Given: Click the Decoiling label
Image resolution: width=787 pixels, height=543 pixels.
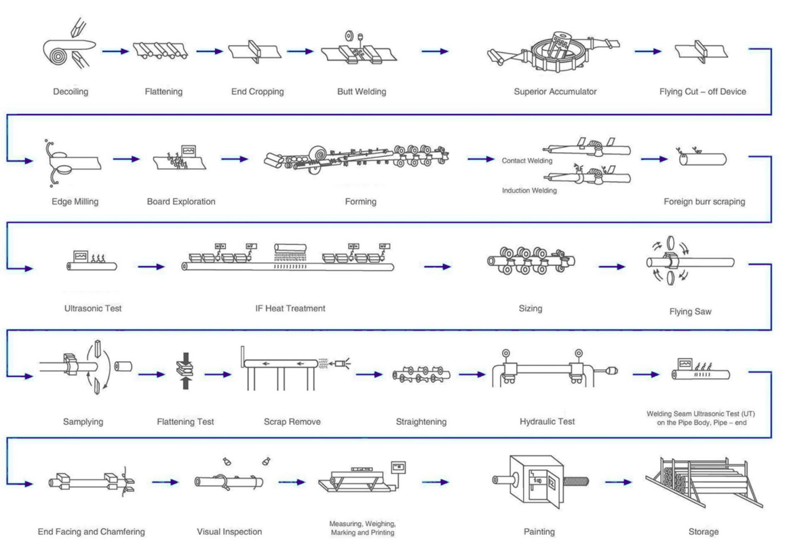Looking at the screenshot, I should tap(71, 92).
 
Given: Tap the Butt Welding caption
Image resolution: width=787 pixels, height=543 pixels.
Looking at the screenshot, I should tap(361, 92).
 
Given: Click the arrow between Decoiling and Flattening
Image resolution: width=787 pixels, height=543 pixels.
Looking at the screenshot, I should tap(115, 51).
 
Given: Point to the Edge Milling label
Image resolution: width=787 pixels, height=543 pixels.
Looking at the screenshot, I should tap(75, 202).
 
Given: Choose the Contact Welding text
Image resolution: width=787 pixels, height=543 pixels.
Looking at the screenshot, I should tap(527, 161).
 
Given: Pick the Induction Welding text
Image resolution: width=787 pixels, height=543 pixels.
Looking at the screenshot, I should tap(529, 191).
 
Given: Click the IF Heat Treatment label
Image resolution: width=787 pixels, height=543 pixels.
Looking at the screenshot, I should tap(290, 308).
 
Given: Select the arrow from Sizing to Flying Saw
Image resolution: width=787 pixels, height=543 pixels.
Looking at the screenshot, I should tap(612, 267).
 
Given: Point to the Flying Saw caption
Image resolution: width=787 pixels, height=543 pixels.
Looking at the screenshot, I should tap(690, 312).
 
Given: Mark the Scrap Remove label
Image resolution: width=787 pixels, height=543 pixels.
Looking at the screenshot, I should tap(292, 422).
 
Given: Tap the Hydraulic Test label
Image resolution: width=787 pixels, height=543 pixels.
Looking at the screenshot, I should tap(547, 422).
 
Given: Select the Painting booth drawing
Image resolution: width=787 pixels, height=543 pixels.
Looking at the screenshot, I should tap(535, 481).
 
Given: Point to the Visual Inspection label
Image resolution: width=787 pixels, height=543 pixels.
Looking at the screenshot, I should tap(229, 531).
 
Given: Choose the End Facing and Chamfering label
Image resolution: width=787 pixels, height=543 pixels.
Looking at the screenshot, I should tap(91, 531).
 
